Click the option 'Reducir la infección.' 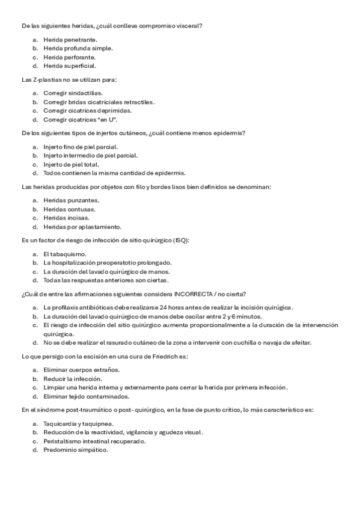(72, 379)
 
